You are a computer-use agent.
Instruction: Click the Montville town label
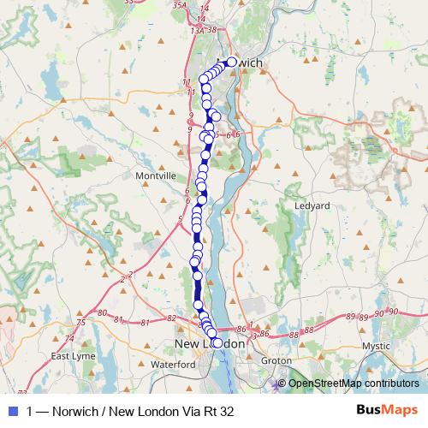(x=155, y=175)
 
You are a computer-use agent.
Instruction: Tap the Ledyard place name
(x=312, y=206)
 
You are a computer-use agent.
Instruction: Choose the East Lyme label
(x=72, y=356)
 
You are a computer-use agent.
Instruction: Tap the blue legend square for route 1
(x=12, y=411)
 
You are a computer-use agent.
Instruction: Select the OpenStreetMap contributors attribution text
(x=353, y=383)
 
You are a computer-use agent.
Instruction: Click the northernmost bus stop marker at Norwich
(x=231, y=62)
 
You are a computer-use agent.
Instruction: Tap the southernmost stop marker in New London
(x=217, y=343)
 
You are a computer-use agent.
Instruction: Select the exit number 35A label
(x=179, y=5)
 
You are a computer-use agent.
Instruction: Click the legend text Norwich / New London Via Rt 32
(x=129, y=411)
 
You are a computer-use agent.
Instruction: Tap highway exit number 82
(x=171, y=318)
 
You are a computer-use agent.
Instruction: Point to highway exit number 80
(x=103, y=313)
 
